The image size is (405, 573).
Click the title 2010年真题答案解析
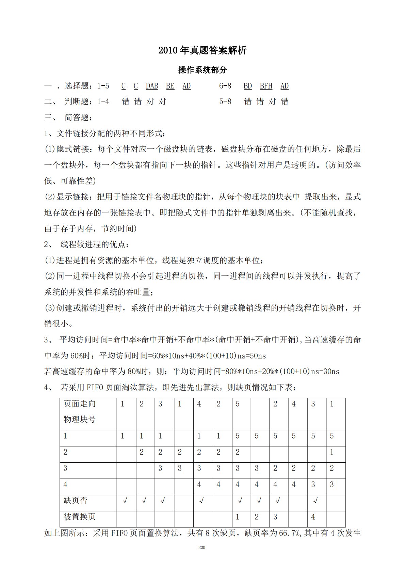pos(202,51)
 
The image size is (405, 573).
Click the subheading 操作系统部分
pos(202,70)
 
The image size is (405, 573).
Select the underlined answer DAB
pos(152,86)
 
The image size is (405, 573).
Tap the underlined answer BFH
pos(266,86)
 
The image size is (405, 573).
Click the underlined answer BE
pos(170,86)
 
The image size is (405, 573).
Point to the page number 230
pos(202,548)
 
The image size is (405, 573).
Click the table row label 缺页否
pos(76,500)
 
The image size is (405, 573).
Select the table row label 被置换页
pos(80,517)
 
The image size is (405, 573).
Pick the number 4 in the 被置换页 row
pos(313,517)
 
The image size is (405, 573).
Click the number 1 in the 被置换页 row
pos(238,517)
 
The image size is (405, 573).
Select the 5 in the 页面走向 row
pos(238,404)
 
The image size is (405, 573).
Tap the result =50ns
pos(256,356)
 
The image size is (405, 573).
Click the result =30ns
pos(329,371)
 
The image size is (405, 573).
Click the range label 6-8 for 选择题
pos(225,86)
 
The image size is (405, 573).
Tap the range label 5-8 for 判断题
pos(225,101)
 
